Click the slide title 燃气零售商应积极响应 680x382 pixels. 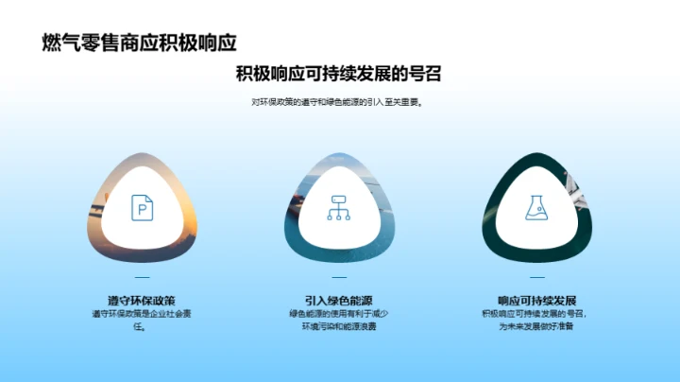pos(139,43)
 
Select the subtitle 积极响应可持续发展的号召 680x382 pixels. pos(339,74)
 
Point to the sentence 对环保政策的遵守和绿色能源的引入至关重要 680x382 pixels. pos(339,102)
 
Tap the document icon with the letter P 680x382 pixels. pos(142,207)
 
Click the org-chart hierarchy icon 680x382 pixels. pos(339,207)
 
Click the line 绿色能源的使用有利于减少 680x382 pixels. pos(339,314)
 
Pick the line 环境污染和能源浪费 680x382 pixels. pos(339,327)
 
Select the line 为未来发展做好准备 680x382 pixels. pos(535,327)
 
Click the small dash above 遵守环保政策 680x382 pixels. pos(142,277)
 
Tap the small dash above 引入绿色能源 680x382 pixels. pos(339,277)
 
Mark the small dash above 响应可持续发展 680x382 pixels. pos(535,277)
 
